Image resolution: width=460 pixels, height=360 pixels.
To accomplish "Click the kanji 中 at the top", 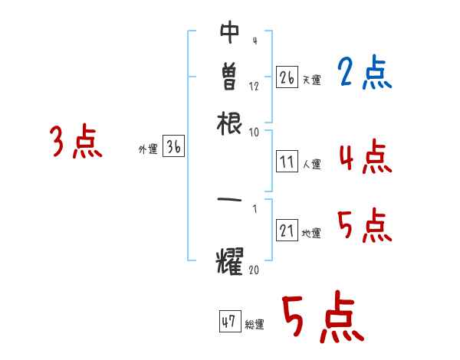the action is (x=230, y=33).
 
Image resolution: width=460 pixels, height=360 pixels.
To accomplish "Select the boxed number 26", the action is (x=287, y=78).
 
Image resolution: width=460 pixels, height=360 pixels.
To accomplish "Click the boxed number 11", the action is (x=287, y=162).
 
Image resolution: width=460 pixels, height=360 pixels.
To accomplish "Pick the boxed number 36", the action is (x=173, y=149).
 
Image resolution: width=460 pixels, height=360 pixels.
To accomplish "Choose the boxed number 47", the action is (x=229, y=322).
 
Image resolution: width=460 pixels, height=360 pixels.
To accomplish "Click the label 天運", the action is (x=311, y=80).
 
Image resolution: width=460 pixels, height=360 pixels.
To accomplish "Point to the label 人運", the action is (x=311, y=163).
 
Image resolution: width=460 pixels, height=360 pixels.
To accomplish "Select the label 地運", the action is (x=311, y=234).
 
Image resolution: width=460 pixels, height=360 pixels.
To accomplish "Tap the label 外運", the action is (x=148, y=150).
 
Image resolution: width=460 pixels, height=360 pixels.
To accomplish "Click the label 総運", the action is (x=255, y=324).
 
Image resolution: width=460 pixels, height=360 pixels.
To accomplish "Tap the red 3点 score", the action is (x=77, y=142).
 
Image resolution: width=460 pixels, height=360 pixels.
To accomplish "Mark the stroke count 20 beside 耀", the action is (x=255, y=269).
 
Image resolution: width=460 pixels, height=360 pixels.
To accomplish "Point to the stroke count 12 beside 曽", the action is (x=255, y=87).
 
